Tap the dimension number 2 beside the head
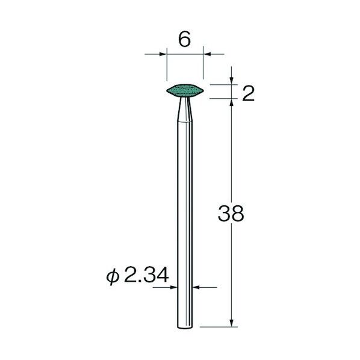(x=248, y=93)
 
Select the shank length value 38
(x=231, y=214)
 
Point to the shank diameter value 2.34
(x=146, y=275)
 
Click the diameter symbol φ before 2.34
(x=113, y=277)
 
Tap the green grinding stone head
(x=185, y=91)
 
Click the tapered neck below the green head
(x=185, y=110)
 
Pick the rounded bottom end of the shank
(x=185, y=326)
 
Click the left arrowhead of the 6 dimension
(x=163, y=54)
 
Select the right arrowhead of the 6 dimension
(x=207, y=54)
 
